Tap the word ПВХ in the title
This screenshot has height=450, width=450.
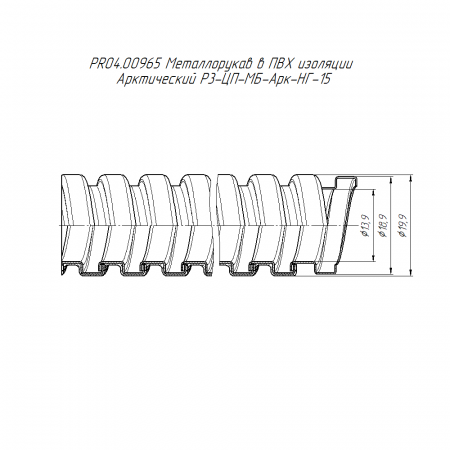[x=280, y=64]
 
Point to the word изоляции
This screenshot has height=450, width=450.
[x=325, y=64]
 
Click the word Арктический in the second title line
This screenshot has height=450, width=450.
[x=155, y=79]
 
